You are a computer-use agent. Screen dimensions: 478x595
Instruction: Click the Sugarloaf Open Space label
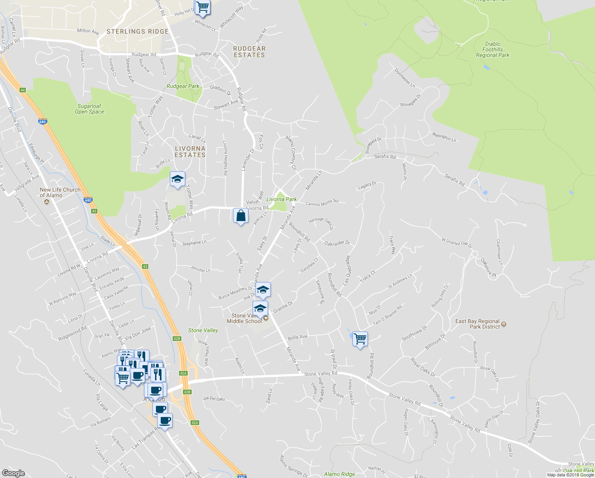(x=89, y=109)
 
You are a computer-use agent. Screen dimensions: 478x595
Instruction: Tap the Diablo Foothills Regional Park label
(x=492, y=50)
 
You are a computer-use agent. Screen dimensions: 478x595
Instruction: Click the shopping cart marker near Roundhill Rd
(x=360, y=339)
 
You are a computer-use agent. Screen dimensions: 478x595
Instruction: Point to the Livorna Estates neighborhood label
(x=190, y=152)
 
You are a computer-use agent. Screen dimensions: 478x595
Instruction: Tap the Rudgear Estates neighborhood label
(x=249, y=52)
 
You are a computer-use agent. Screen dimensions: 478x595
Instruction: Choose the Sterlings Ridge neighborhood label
(x=138, y=31)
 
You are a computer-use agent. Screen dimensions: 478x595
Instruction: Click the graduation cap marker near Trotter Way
(x=177, y=179)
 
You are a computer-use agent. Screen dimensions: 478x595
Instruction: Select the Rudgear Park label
(x=183, y=86)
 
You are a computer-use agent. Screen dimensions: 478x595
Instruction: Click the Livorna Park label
(x=282, y=199)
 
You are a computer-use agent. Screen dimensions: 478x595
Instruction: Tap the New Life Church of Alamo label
(x=60, y=193)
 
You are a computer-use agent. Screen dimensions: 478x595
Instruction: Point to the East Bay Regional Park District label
(x=477, y=324)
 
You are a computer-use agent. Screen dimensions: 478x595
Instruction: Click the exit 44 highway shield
(x=23, y=90)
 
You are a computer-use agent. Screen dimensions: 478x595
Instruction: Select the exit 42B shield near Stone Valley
(x=177, y=339)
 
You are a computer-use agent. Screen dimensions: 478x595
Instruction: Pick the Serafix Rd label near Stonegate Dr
(x=385, y=157)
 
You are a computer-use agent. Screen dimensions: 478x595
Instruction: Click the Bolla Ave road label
(x=297, y=337)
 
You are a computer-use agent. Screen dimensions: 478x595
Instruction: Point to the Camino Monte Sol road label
(x=322, y=202)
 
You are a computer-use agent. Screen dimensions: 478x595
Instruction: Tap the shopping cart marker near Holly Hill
(x=202, y=7)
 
